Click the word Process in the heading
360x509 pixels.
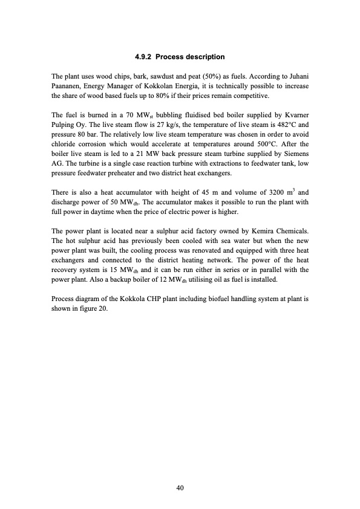coord(175,57)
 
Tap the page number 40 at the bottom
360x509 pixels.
coord(180,488)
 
